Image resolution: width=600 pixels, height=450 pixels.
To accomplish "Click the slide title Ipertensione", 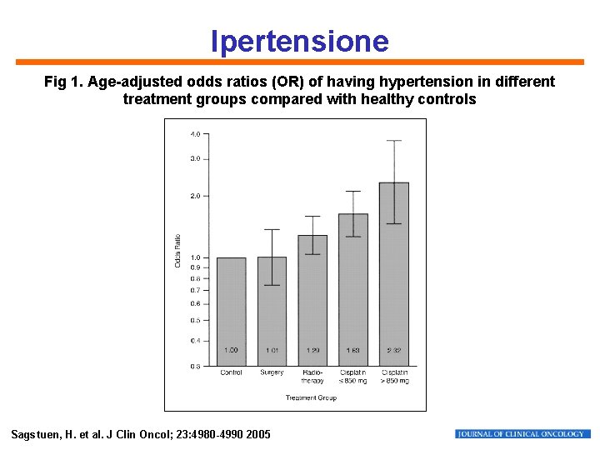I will [299, 41].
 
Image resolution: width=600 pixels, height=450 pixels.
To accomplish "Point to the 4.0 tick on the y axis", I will [194, 133].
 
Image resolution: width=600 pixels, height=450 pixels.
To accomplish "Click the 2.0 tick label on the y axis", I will [194, 196].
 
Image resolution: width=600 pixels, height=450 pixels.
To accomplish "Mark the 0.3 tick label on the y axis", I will [194, 366].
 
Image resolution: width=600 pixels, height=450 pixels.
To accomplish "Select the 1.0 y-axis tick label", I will [194, 257].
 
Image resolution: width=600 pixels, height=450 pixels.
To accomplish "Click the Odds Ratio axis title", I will [177, 250].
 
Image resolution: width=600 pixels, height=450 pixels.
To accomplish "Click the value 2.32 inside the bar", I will [394, 350].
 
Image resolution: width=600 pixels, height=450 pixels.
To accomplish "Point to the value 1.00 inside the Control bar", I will [231, 350].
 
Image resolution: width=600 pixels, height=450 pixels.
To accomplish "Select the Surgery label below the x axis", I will [272, 372].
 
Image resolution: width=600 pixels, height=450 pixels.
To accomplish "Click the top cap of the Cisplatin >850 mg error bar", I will [394, 141].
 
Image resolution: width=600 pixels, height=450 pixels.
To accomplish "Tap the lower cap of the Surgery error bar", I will [272, 285].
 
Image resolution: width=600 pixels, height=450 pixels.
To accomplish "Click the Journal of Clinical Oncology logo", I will [522, 434].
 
